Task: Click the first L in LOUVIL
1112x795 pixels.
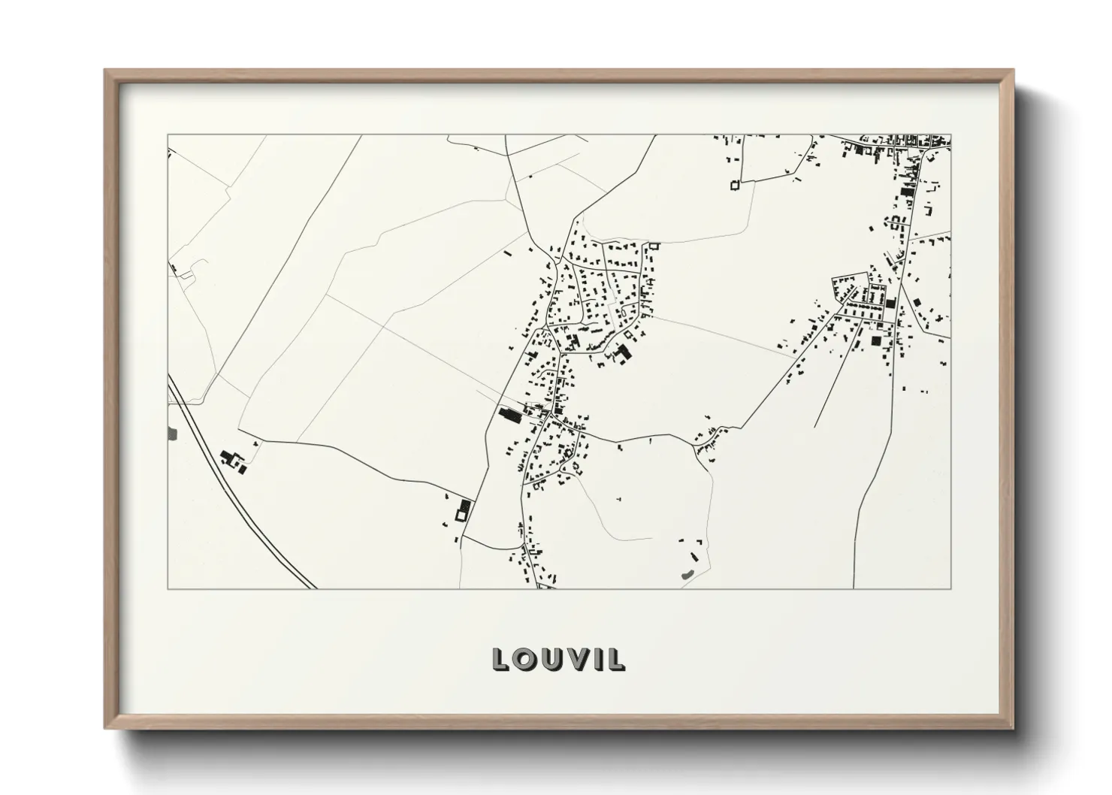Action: (x=500, y=659)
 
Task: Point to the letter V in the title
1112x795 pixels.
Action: (x=577, y=659)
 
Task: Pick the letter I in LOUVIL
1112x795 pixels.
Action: (x=597, y=659)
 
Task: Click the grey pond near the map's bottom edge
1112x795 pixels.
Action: (x=686, y=575)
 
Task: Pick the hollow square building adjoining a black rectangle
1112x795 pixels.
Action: (x=459, y=515)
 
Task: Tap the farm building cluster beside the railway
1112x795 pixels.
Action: (x=232, y=461)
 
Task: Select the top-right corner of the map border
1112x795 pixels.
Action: (x=951, y=135)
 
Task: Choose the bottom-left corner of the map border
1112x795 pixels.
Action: (x=168, y=588)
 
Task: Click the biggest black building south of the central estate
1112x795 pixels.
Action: (x=622, y=352)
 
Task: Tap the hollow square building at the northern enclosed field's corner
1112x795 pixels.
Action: (x=736, y=185)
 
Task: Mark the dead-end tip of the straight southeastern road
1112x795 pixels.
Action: (x=814, y=427)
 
